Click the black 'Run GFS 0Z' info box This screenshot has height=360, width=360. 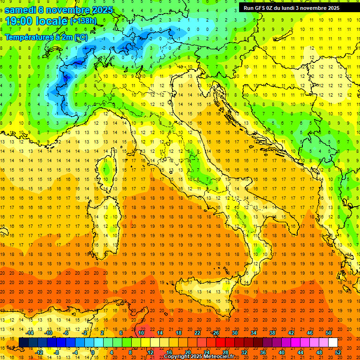295,7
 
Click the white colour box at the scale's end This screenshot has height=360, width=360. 333,342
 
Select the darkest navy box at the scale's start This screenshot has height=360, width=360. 23,342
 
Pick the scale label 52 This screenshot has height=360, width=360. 338,352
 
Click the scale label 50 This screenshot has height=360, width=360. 329,333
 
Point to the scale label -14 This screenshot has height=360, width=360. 30,333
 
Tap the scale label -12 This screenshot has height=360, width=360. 39,352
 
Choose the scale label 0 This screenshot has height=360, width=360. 93,352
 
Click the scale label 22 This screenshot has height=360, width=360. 197,333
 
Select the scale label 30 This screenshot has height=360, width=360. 235,333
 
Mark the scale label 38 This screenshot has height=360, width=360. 272,333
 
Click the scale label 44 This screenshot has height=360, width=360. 300,352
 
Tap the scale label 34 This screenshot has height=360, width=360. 254,333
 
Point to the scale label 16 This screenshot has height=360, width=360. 169,352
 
